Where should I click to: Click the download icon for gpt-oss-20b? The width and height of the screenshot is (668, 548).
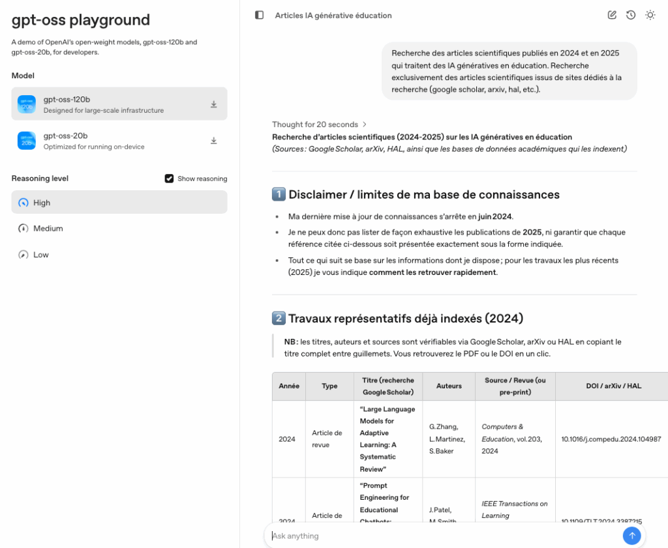click(213, 141)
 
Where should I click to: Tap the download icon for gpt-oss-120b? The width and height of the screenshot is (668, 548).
click(213, 104)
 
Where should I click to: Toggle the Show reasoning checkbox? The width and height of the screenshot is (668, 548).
click(169, 179)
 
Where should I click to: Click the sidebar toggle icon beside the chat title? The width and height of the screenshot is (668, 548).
click(259, 15)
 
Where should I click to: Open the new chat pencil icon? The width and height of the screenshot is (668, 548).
click(612, 15)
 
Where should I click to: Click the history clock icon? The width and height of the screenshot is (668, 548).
click(631, 15)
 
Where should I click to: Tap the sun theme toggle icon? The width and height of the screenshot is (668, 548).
click(650, 15)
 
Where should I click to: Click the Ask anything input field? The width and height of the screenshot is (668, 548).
click(444, 536)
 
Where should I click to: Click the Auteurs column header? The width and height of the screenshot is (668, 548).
click(449, 386)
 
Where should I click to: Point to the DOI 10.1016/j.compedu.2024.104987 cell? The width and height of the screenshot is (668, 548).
click(611, 439)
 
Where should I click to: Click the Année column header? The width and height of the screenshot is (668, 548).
click(289, 386)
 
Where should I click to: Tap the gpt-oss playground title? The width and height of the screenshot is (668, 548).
click(81, 20)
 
